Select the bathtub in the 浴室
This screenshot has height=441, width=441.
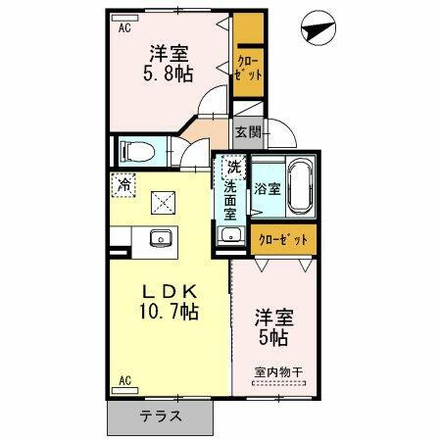300,187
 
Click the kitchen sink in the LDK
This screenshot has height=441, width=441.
158,238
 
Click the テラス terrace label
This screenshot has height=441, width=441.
159,416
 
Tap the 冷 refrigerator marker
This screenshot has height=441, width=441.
124,181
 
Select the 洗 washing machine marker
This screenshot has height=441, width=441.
233,167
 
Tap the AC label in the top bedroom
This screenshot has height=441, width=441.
124,28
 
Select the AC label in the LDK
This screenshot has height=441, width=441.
124,380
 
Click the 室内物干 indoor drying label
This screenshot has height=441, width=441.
279,370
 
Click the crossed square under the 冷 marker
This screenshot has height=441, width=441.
159,203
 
